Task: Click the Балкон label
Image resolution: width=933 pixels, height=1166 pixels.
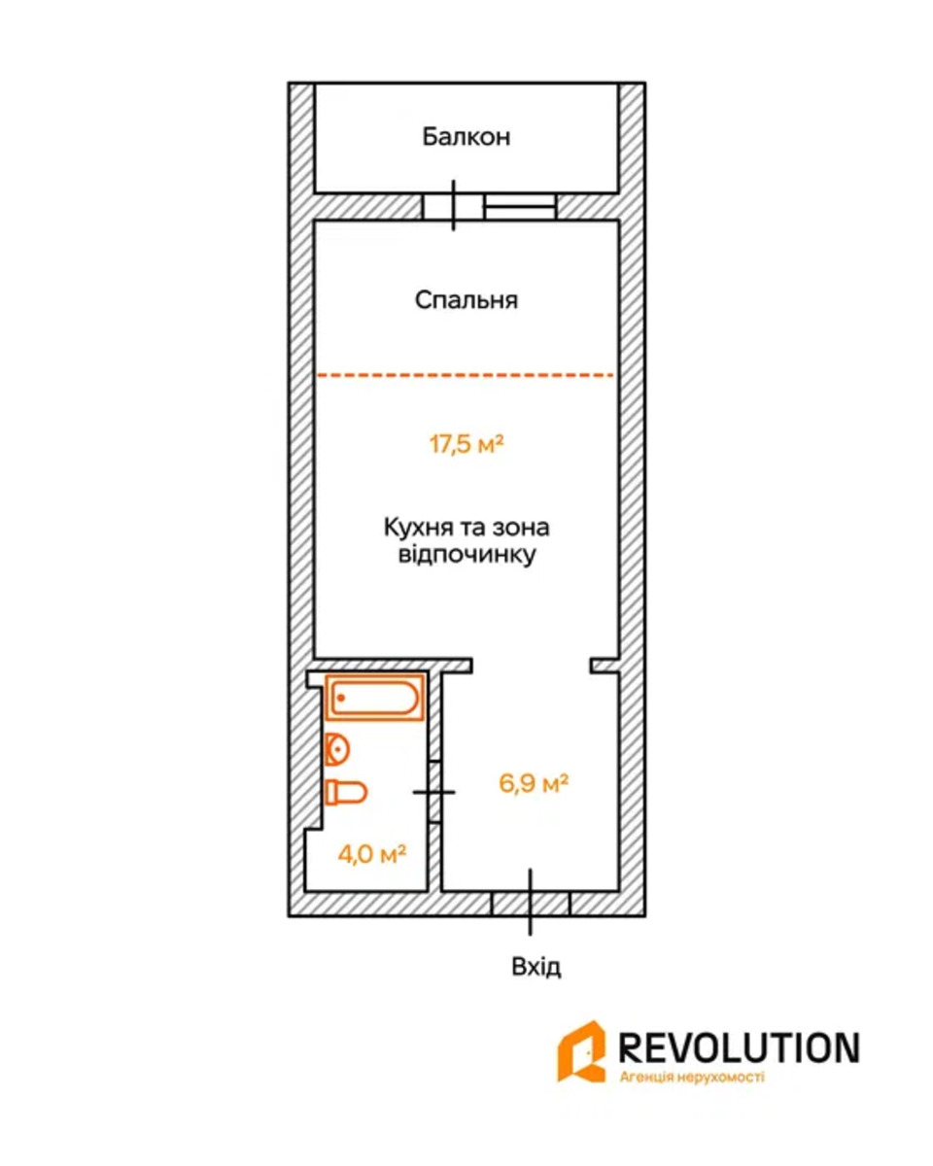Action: click(x=466, y=137)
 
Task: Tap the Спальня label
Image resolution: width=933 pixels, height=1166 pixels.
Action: click(x=466, y=300)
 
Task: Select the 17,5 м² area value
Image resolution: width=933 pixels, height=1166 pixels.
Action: click(x=466, y=445)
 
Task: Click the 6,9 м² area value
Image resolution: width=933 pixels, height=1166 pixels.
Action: click(x=534, y=783)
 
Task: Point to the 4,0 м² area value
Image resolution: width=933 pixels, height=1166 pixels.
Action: click(x=370, y=854)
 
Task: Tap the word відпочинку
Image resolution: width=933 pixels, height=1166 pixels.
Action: click(x=466, y=556)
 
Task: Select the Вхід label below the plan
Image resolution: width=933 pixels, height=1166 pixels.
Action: click(x=536, y=967)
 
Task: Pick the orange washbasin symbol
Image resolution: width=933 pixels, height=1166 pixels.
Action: click(x=336, y=749)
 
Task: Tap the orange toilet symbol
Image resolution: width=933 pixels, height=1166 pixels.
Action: click(x=345, y=792)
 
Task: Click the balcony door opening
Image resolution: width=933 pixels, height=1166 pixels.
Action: click(x=454, y=206)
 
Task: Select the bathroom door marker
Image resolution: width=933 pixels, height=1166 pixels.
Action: click(x=433, y=792)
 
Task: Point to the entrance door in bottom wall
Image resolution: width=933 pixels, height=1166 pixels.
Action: click(x=531, y=903)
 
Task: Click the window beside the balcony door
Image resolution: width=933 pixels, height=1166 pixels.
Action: click(x=519, y=206)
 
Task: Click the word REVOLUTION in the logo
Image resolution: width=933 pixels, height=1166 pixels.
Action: click(x=739, y=1047)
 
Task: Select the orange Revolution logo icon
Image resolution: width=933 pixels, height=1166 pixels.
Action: click(x=581, y=1051)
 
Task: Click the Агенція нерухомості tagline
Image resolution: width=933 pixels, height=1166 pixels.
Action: click(x=692, y=1077)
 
